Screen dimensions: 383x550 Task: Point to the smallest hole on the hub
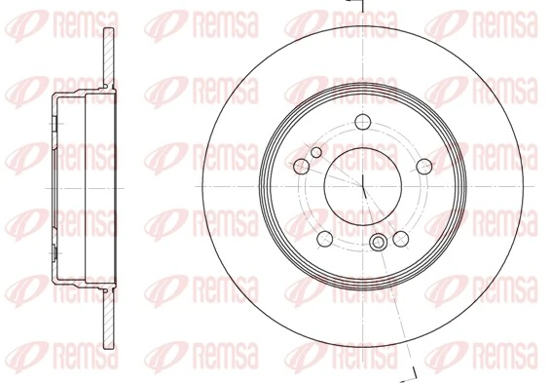tap(315, 153)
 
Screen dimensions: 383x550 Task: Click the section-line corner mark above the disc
tap(355, 5)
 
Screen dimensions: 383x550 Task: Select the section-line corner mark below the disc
tap(412, 373)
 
